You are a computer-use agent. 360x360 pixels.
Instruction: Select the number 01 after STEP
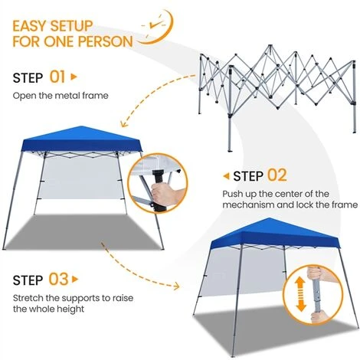pyautogui.click(x=58, y=77)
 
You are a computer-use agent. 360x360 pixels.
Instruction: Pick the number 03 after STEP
pyautogui.click(x=58, y=278)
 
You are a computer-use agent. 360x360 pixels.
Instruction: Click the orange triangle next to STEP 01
pyautogui.click(x=74, y=77)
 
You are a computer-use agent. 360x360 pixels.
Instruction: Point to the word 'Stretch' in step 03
pyautogui.click(x=28, y=297)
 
